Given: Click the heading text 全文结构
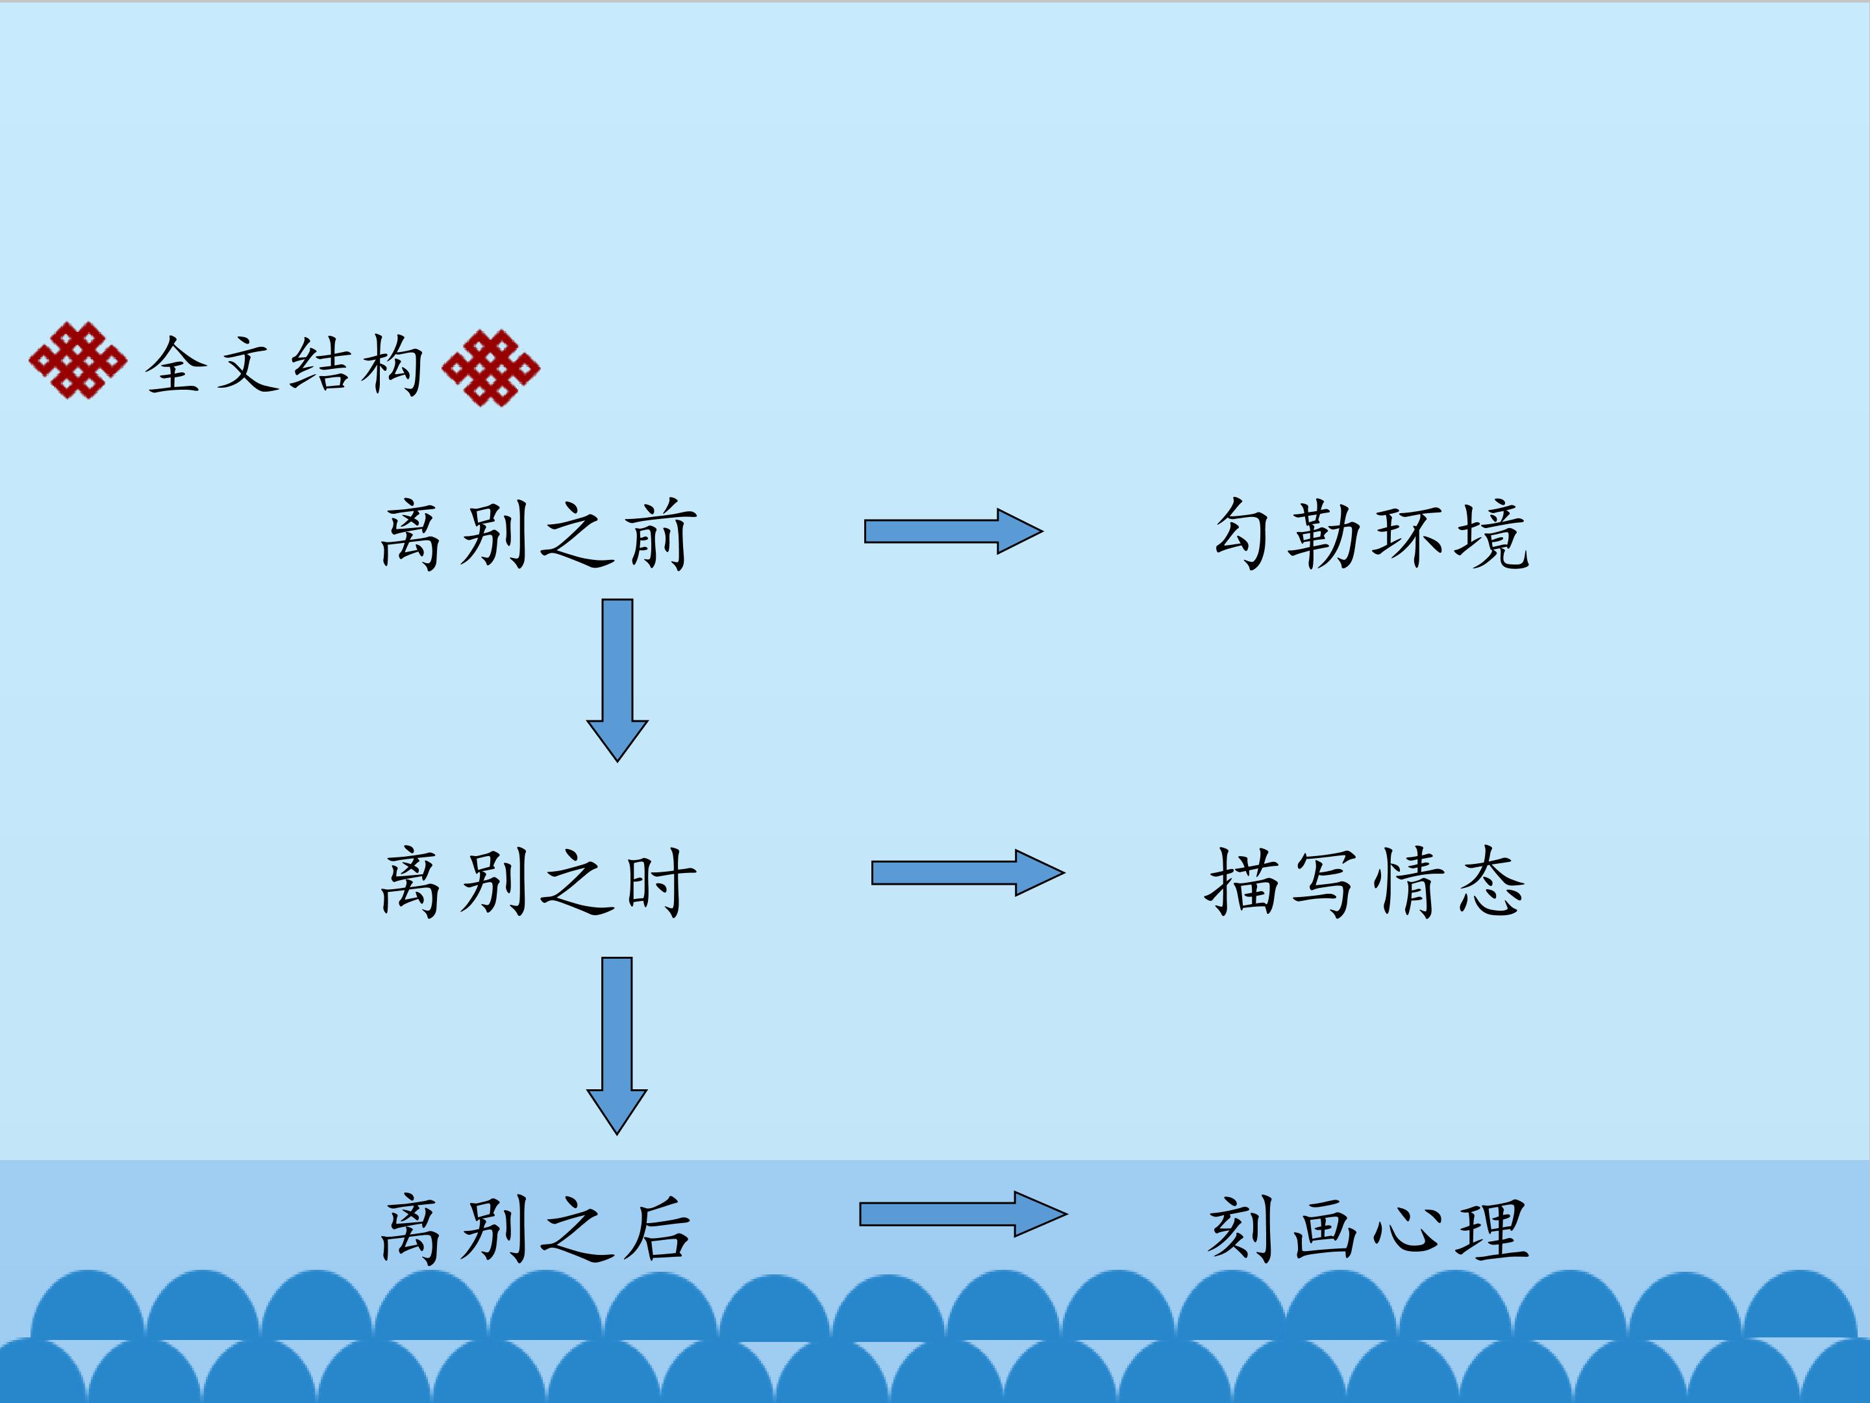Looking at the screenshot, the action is (284, 364).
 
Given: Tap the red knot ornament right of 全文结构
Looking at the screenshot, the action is (491, 368).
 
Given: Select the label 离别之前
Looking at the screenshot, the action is (538, 534).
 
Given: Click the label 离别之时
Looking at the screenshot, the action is (538, 881).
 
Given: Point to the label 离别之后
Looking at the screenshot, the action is (536, 1229).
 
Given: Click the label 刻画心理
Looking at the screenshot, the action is (1369, 1229).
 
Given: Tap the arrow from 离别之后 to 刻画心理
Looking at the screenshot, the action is (964, 1215).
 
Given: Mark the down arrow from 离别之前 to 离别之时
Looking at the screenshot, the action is (617, 681).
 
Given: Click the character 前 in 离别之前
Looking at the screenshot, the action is (661, 534).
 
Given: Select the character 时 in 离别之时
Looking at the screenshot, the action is (661, 881).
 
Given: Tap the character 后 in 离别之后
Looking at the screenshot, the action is (658, 1229).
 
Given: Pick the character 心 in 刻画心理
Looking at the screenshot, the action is (1407, 1229).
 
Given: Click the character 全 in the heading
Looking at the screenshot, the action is (176, 364).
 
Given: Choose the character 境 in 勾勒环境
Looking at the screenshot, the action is (1493, 534).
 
